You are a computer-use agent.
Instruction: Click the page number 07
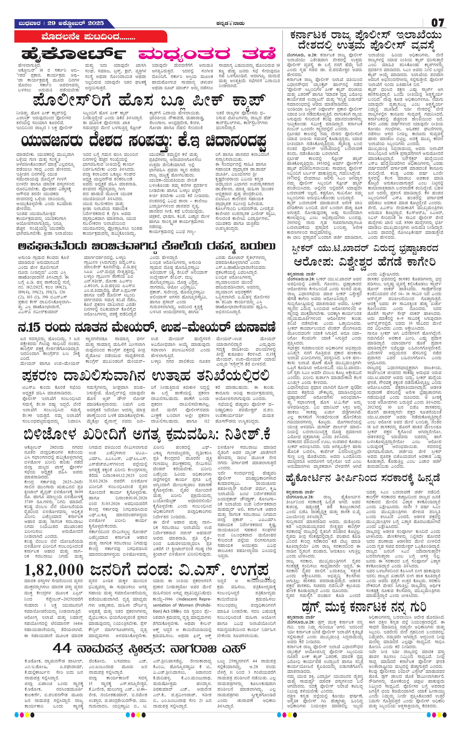pos(438,23)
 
